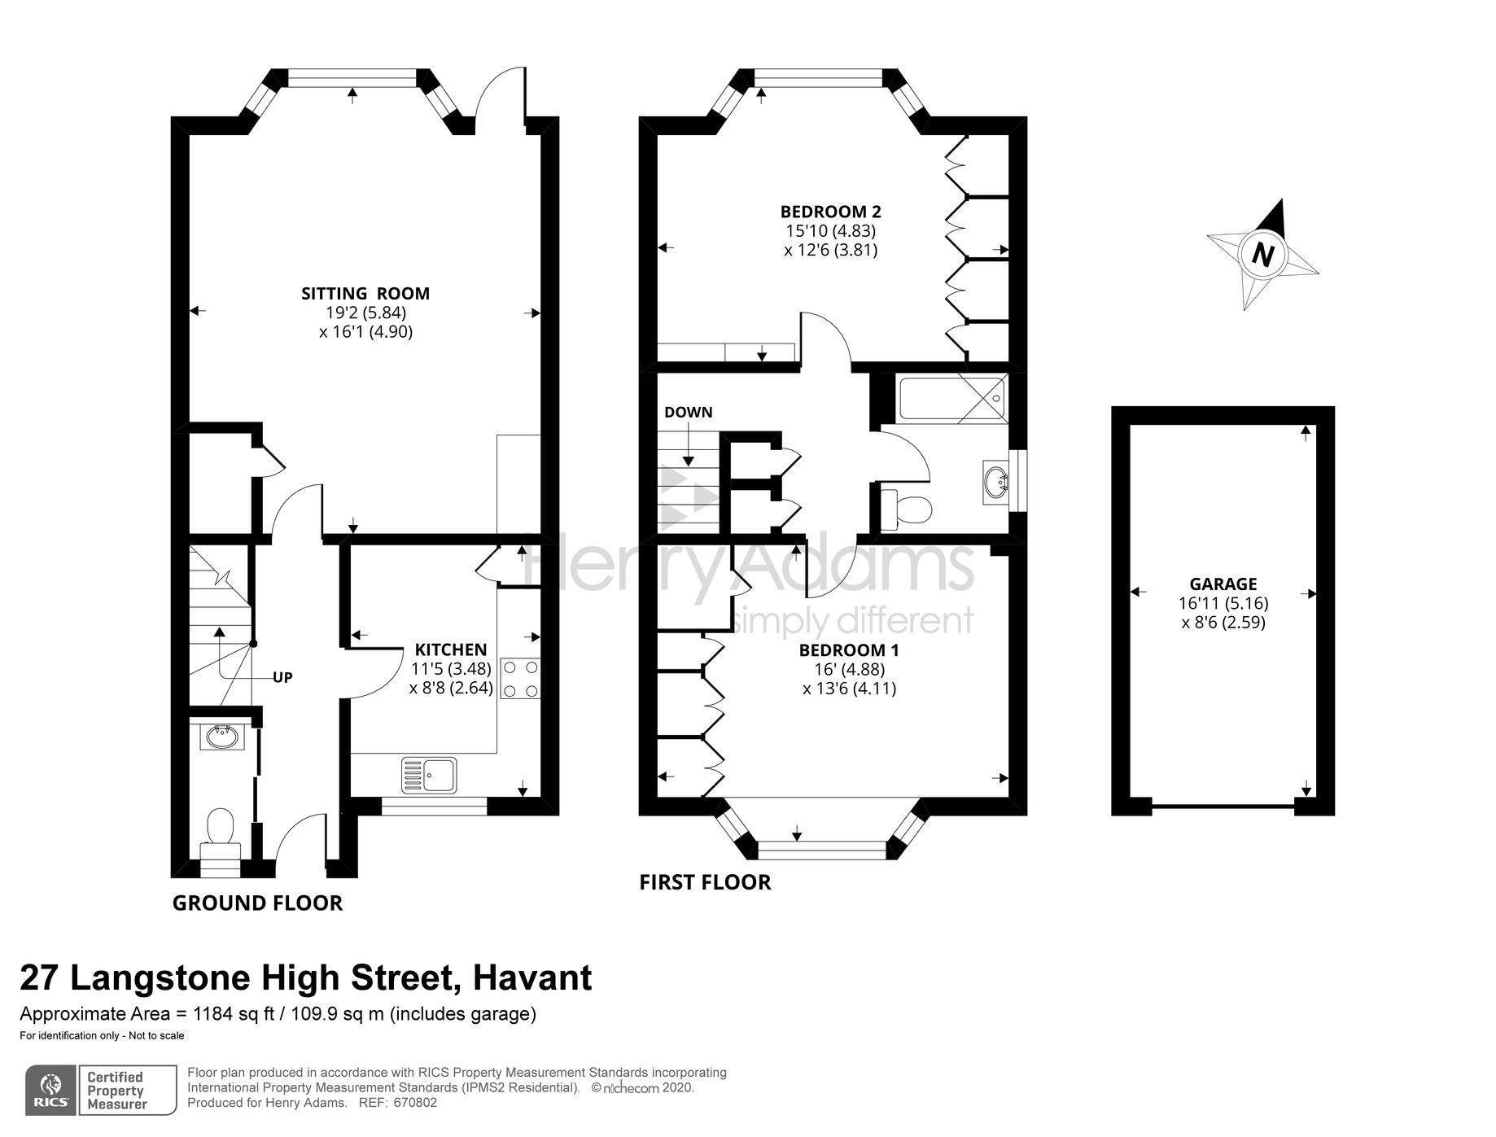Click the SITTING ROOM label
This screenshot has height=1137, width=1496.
(x=365, y=293)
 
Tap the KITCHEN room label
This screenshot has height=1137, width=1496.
(x=451, y=649)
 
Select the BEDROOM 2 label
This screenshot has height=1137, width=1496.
(x=830, y=212)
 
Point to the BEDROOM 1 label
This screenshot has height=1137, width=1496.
(x=849, y=650)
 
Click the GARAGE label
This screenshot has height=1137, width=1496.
(x=1223, y=584)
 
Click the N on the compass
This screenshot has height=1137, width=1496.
(x=1262, y=255)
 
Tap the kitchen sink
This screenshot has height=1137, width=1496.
(x=429, y=774)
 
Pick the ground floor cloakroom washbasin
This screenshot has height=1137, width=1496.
(x=221, y=737)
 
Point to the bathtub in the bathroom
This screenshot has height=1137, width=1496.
(x=950, y=398)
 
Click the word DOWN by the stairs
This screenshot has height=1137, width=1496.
(x=688, y=412)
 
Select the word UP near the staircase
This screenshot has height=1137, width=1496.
(x=282, y=677)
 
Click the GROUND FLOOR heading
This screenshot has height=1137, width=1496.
(x=257, y=903)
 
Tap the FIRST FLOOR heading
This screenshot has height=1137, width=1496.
(x=705, y=882)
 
